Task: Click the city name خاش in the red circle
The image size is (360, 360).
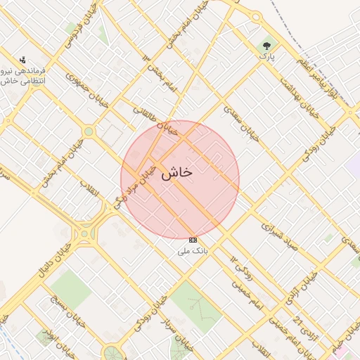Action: (176, 174)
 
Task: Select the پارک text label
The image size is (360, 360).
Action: (266, 55)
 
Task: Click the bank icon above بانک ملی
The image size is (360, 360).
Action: (193, 240)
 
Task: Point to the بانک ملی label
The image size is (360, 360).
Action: (193, 250)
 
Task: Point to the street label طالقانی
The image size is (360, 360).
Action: (149, 115)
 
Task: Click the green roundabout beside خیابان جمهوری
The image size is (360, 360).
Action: (89, 131)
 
